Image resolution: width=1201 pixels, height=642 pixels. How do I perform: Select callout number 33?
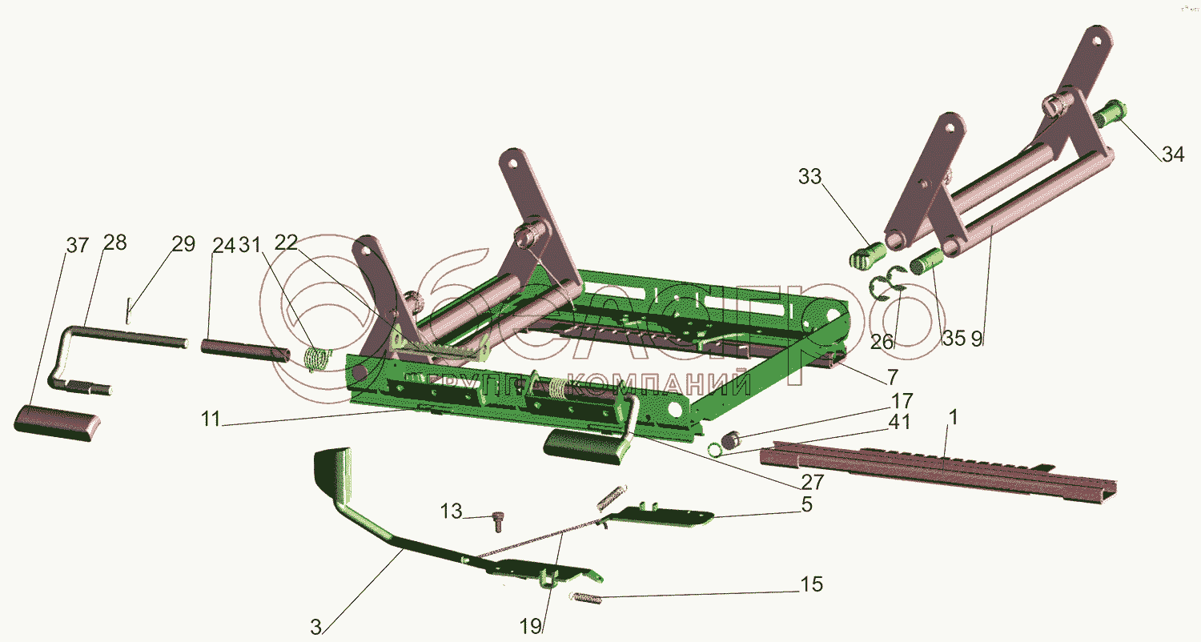[809, 177]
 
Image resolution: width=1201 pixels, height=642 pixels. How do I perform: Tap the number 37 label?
[78, 245]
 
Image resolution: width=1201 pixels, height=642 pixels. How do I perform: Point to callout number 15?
[811, 585]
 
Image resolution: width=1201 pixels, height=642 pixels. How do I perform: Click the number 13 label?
[452, 511]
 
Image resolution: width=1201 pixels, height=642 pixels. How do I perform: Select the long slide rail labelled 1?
[937, 467]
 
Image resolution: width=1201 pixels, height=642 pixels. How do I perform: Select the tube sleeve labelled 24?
[245, 351]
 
